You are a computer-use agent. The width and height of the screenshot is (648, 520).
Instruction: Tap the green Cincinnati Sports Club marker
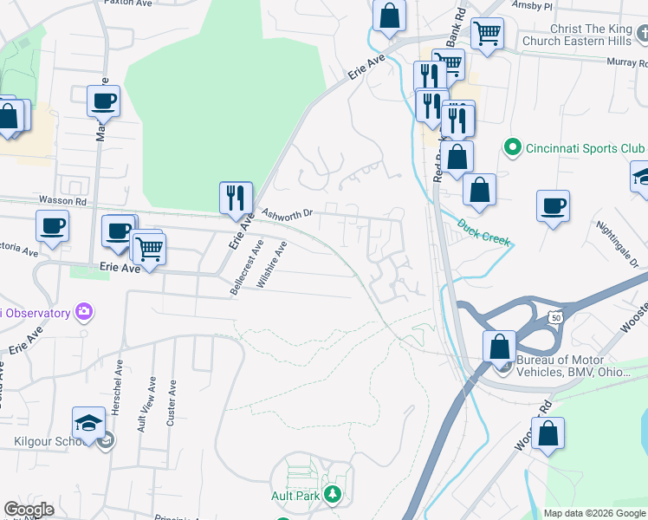(x=511, y=147)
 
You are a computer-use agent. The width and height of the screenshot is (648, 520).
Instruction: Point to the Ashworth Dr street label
(x=287, y=213)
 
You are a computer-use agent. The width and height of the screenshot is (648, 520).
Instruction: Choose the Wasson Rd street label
(x=62, y=200)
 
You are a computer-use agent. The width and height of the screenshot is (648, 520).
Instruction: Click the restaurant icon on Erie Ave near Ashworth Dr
(x=236, y=198)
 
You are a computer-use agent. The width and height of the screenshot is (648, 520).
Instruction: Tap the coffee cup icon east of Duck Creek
(x=553, y=206)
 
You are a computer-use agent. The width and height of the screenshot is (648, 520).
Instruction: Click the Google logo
(x=29, y=510)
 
